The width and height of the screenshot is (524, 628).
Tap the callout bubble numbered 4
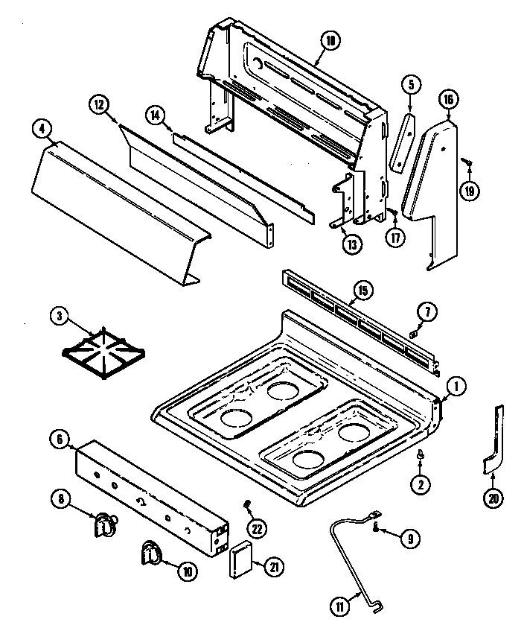[x=42, y=128]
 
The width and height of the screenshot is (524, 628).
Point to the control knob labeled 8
[x=103, y=525]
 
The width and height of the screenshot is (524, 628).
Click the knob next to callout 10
[x=153, y=554]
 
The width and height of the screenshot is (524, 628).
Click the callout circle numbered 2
[x=421, y=483]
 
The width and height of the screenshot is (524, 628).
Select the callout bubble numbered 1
[x=456, y=386]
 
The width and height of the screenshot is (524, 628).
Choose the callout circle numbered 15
[x=362, y=290]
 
